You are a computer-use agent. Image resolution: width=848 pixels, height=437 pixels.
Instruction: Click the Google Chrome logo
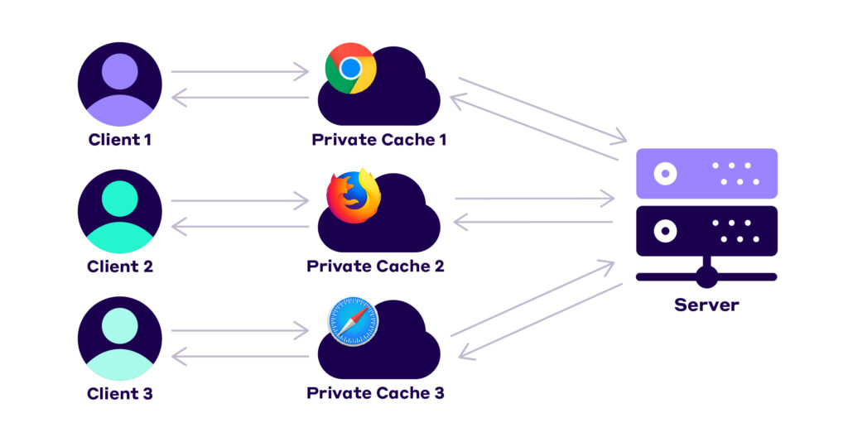pos(350,68)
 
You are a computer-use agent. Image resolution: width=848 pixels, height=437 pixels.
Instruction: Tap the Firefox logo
pos(351,195)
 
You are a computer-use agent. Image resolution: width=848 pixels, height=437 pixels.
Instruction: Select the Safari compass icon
pos(352,322)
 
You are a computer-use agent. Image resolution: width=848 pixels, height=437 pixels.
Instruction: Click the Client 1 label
pos(120,139)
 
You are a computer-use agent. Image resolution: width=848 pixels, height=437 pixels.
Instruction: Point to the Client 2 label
pos(120,267)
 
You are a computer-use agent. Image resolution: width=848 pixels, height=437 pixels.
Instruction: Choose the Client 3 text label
pos(120,393)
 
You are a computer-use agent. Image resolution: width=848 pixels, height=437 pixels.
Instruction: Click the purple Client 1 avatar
pos(120,83)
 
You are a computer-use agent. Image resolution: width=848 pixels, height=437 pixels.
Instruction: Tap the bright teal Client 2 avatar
pos(120,210)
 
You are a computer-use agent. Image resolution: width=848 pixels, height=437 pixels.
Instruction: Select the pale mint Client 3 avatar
pos(120,338)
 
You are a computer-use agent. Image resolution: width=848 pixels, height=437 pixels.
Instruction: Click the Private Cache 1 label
pos(379,139)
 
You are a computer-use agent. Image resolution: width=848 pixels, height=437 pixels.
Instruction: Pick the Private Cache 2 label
pos(375,267)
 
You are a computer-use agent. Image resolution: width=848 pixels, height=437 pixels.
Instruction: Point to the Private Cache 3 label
pos(375,393)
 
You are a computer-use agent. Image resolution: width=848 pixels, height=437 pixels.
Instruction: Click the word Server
pos(706,305)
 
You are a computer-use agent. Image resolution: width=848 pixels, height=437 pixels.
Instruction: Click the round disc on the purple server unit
pos(663,174)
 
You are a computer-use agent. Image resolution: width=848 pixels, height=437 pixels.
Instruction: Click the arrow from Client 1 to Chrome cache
pos(239,72)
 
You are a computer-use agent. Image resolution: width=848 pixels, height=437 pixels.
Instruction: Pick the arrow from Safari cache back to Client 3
pos(239,358)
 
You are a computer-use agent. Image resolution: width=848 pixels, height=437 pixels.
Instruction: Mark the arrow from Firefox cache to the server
pos(534,199)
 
